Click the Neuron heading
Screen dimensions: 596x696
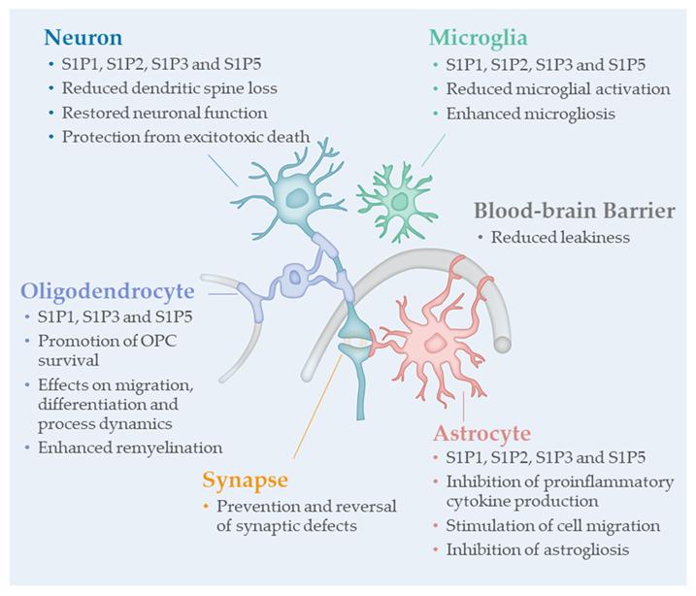point(83,39)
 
